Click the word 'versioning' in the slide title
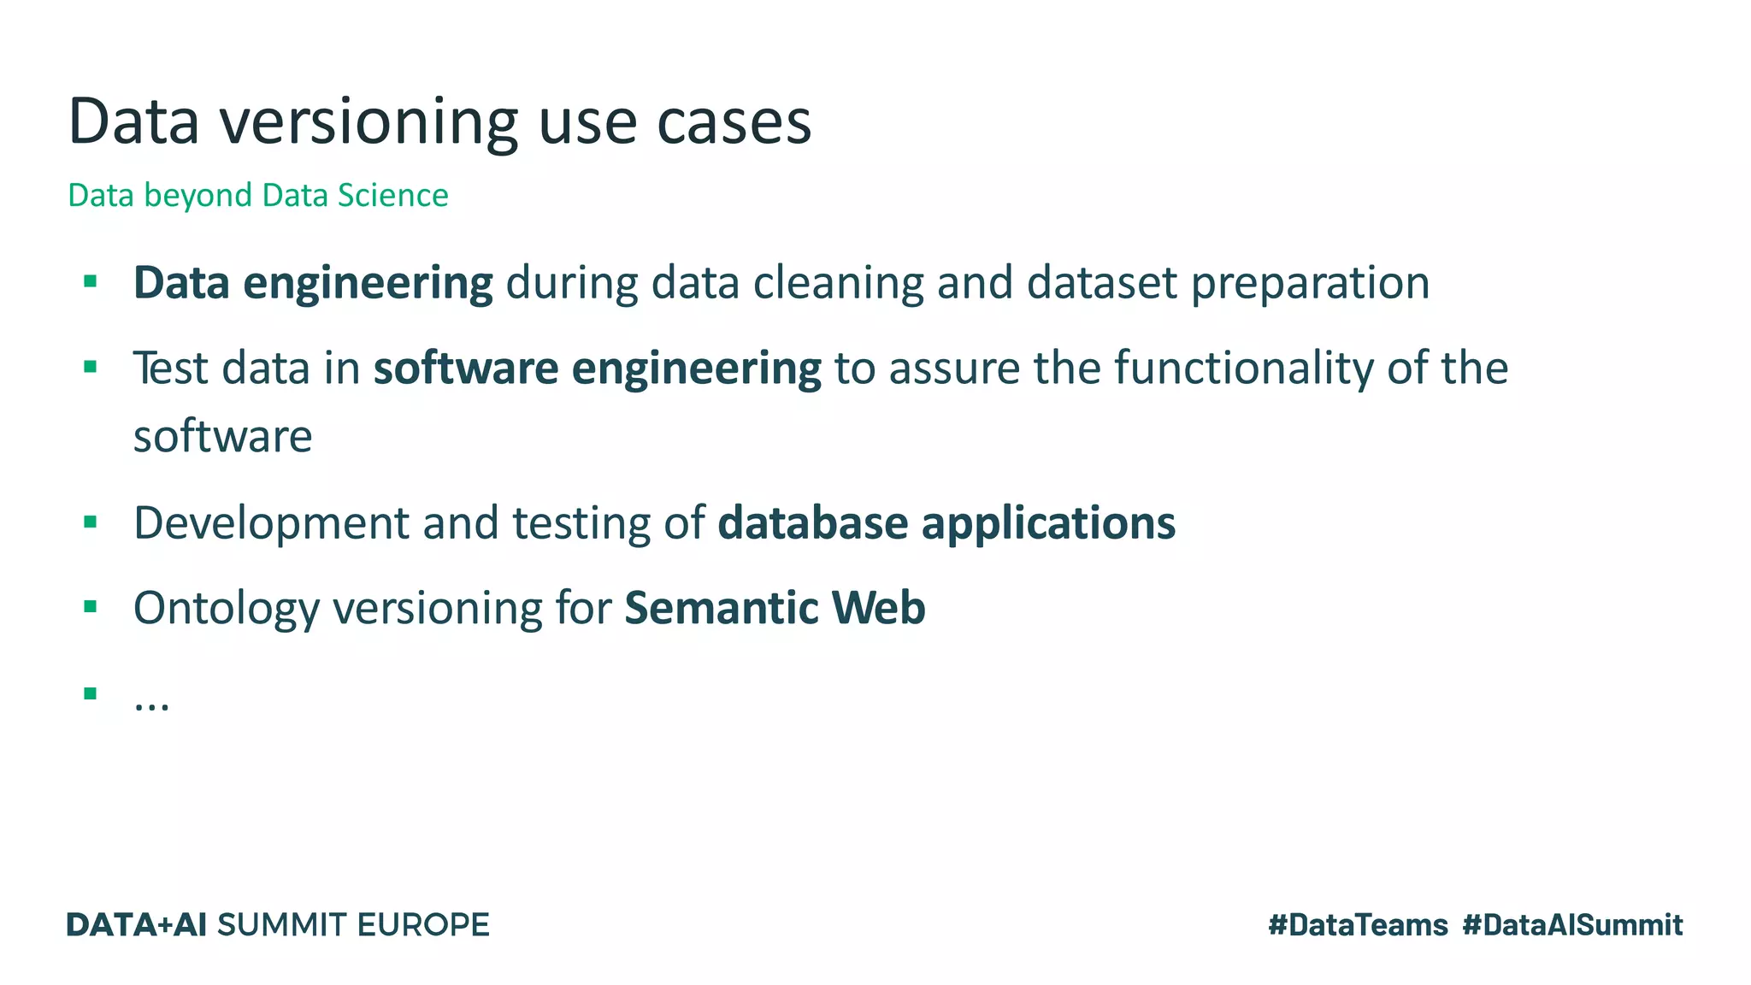click(x=368, y=122)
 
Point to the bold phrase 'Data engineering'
click(x=313, y=283)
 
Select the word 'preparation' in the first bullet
click(x=1310, y=283)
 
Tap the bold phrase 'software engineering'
click(x=597, y=369)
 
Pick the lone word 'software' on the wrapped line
click(x=223, y=437)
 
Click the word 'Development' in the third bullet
click(x=272, y=522)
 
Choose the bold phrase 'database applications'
click(x=946, y=522)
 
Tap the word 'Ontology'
click(x=227, y=609)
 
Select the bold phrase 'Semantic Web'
click(x=775, y=609)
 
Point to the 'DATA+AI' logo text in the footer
click(x=137, y=925)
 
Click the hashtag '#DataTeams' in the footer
click(x=1358, y=925)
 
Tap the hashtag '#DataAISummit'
click(x=1572, y=925)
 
